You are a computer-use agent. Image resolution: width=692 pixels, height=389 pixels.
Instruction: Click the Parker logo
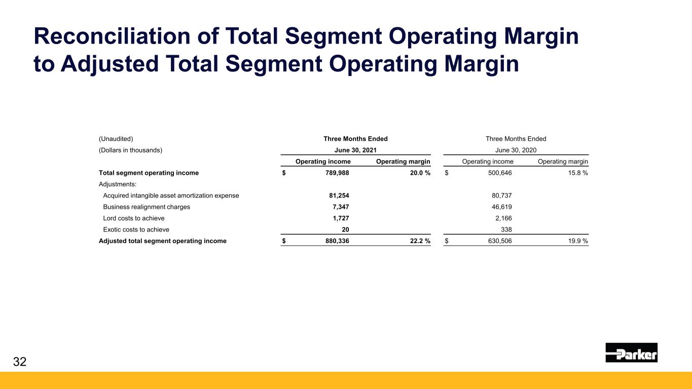pos(631,353)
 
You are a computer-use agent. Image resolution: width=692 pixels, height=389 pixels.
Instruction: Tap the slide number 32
pos(20,362)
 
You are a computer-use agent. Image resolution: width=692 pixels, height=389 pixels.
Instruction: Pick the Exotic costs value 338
pos(505,229)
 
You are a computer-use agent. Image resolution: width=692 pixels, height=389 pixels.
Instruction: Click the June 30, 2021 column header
pos(355,150)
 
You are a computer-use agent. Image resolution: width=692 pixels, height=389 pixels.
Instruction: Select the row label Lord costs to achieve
pos(134,218)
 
